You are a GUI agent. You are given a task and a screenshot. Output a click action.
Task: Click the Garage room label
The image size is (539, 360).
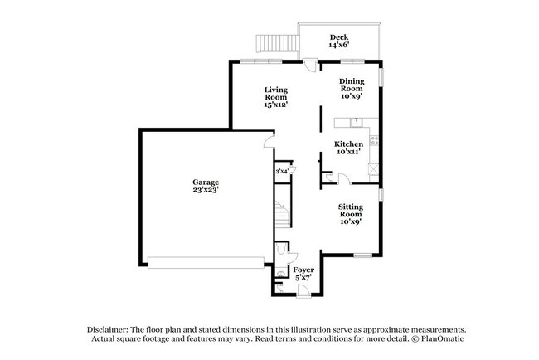click(206, 185)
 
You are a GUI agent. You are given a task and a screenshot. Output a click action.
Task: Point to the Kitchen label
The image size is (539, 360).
click(348, 148)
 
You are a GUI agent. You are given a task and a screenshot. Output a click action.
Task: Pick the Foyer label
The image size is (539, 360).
click(303, 273)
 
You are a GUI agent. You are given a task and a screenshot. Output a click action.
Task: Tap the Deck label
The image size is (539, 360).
click(338, 41)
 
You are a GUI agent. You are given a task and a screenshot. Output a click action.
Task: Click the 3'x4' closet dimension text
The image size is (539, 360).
click(282, 172)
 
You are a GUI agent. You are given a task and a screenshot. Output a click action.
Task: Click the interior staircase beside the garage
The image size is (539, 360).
click(283, 215)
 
